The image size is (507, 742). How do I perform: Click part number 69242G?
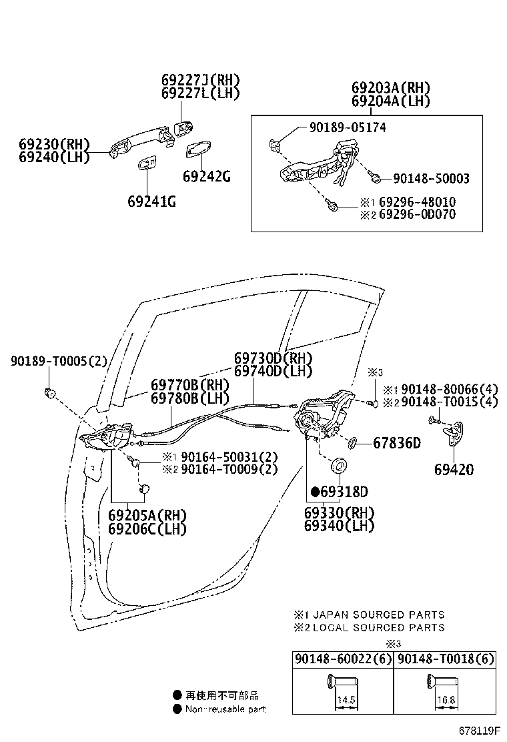[x=207, y=176]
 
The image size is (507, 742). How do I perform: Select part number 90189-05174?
[x=347, y=127]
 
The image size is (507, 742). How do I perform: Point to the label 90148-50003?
[x=431, y=178]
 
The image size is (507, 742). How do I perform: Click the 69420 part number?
[x=454, y=470]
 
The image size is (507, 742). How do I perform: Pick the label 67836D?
[x=397, y=442]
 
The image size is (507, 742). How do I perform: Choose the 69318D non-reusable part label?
[x=340, y=492]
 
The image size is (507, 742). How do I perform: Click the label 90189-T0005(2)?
[x=59, y=361]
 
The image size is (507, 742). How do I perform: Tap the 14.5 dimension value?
[x=345, y=701]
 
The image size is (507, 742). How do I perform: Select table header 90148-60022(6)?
[x=343, y=659]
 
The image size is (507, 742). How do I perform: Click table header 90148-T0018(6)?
[x=446, y=659]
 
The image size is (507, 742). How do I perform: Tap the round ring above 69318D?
[x=338, y=464]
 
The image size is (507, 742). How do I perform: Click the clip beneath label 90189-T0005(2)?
[x=49, y=392]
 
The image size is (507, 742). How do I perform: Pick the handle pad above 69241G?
[x=147, y=163]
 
